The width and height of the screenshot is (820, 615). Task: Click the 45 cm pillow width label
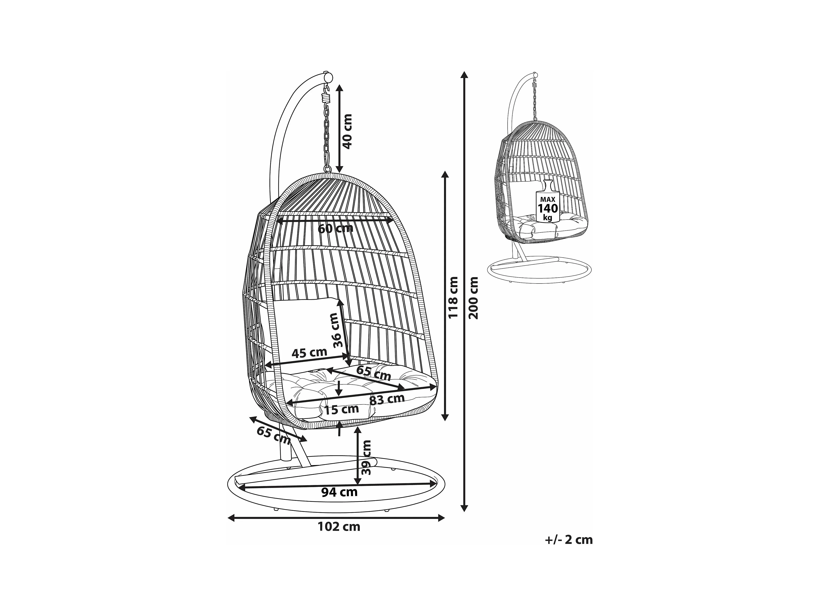tap(309, 353)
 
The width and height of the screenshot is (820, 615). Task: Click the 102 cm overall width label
tap(339, 526)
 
